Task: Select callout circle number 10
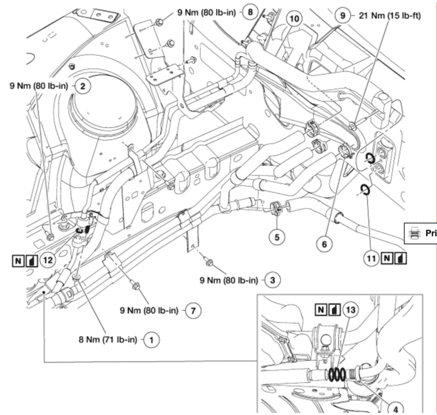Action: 294,18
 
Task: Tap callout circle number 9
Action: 342,15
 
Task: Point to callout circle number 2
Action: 82,85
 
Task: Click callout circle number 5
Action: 276,237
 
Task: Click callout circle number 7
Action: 192,311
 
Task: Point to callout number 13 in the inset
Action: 350,310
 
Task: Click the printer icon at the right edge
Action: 415,232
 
